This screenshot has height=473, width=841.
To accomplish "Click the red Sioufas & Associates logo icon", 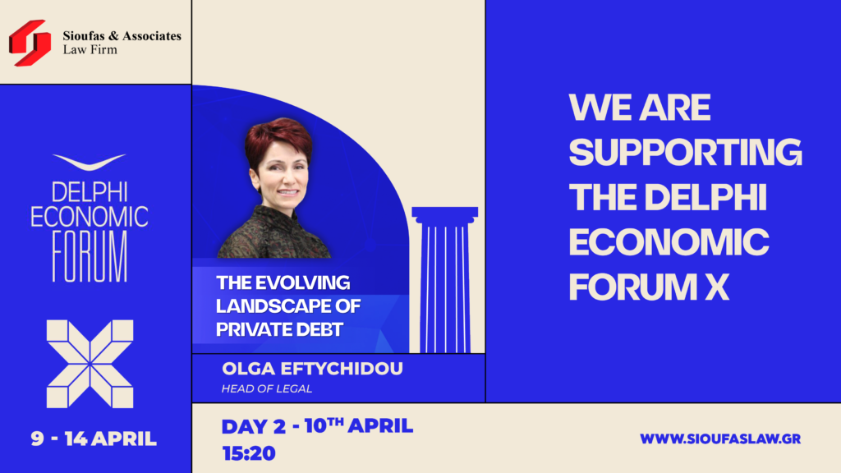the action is tap(30, 43).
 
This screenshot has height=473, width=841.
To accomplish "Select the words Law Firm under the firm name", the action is tap(90, 50).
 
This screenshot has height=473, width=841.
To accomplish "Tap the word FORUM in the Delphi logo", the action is tap(90, 256).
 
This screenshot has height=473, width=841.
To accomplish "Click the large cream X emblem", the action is tap(90, 364).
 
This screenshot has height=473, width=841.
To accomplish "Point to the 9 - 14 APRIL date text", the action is tap(94, 439).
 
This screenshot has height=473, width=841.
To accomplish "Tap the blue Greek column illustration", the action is tap(444, 279).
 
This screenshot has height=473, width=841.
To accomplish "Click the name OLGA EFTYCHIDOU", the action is tap(312, 369).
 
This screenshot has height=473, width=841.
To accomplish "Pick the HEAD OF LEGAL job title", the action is tap(267, 388).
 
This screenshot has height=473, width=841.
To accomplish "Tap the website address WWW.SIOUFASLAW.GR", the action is tap(720, 439).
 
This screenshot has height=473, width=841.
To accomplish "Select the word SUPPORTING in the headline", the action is tap(686, 152).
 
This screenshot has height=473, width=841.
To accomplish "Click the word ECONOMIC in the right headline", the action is tap(669, 242).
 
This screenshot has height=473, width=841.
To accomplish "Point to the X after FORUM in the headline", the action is tap(717, 287).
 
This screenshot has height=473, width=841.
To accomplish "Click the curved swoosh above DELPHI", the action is tap(89, 162).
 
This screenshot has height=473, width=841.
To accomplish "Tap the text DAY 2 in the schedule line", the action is tap(254, 426).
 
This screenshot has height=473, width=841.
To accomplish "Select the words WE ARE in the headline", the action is tap(640, 108).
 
